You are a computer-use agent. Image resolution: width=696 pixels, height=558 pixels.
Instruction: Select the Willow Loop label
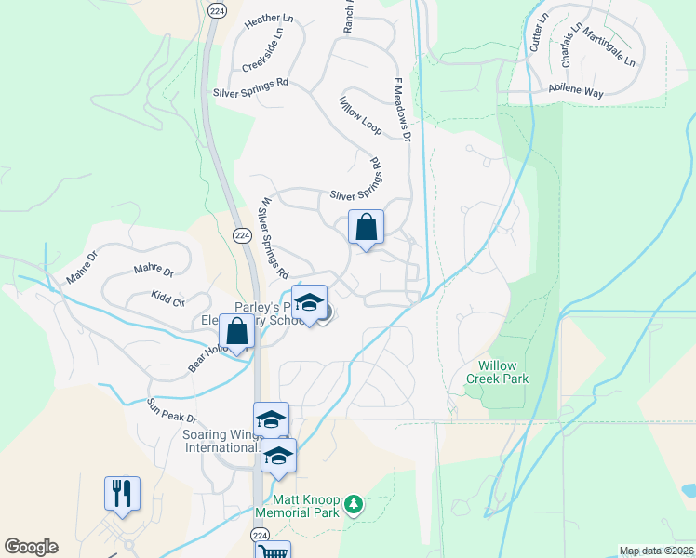pos(360,114)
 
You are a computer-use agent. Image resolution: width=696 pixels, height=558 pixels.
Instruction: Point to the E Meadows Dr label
pos(401,109)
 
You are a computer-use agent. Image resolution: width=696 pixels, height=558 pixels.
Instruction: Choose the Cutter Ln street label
pos(540,33)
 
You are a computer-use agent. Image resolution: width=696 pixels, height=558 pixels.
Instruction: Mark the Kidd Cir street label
pos(168,298)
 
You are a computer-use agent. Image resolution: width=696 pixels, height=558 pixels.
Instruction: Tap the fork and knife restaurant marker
pos(122,493)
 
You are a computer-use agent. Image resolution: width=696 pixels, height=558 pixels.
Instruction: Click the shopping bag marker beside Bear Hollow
pos(237,331)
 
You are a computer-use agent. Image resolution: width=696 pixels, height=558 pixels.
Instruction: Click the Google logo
pos(31,547)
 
